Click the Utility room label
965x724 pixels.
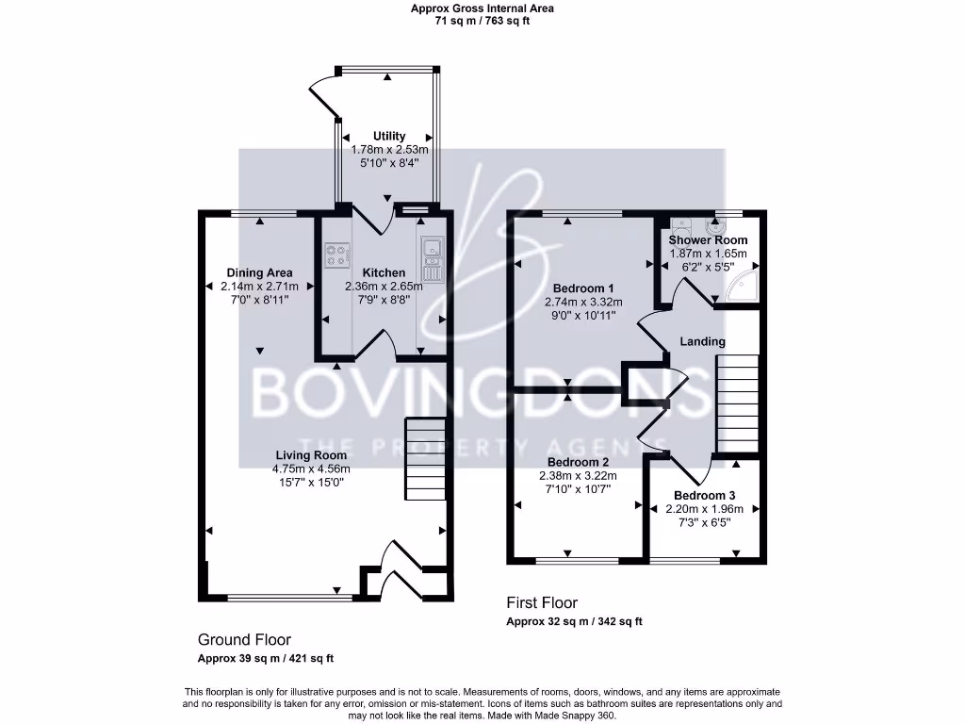[389, 137]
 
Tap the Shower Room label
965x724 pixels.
[708, 240]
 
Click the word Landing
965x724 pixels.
[703, 341]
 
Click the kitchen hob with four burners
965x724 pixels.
[336, 255]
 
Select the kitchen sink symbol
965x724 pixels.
[433, 249]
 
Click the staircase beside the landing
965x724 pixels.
[737, 403]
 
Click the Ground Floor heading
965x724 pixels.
[244, 639]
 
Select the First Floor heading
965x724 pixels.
[542, 602]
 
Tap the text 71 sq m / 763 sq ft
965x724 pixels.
[482, 21]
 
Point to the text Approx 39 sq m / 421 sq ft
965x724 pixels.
[265, 659]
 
